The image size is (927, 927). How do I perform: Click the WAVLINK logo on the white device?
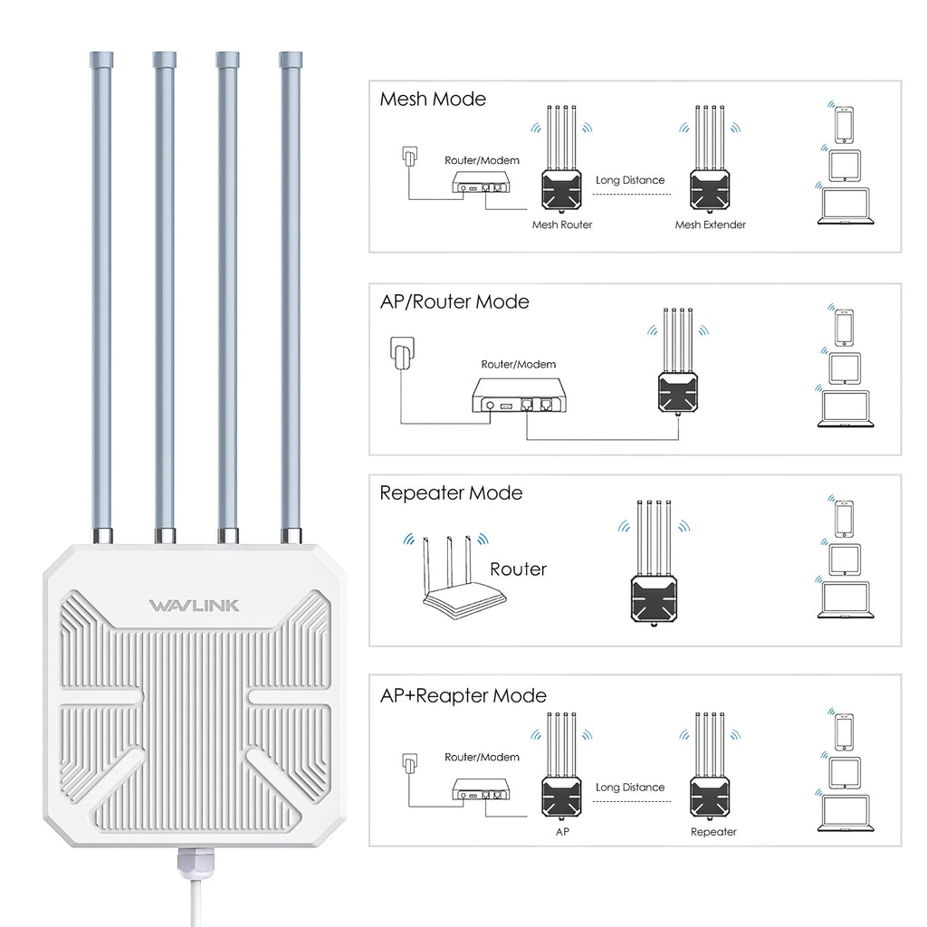[x=194, y=605]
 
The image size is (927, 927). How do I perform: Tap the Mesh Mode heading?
[x=433, y=99]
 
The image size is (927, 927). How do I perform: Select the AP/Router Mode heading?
[x=454, y=301]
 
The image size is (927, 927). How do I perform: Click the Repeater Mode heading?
[x=451, y=493]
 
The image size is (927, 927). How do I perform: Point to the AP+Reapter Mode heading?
[x=463, y=695]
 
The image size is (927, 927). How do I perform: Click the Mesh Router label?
[x=561, y=225]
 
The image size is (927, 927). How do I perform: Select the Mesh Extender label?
[x=711, y=225]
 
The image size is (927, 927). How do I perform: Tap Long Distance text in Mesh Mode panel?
[x=630, y=180]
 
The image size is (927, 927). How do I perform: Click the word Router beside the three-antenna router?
[x=518, y=569]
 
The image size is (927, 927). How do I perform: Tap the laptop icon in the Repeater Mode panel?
[x=845, y=600]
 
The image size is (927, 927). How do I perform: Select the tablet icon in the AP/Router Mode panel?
[x=845, y=368]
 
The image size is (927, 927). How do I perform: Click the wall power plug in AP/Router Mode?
[x=401, y=356]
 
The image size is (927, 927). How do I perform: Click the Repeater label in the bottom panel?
[x=713, y=831]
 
